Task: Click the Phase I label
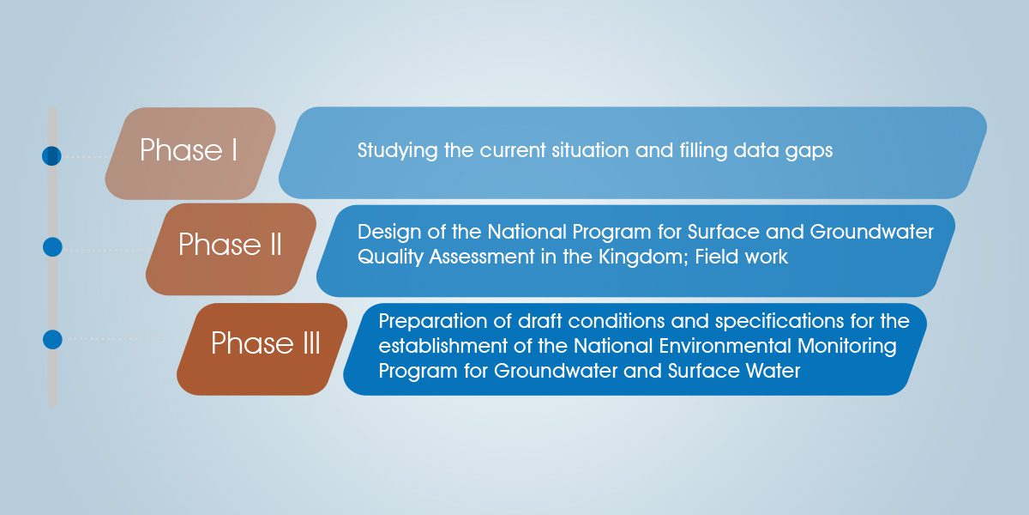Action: click(189, 150)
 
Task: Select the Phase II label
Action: click(230, 244)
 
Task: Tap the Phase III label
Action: click(266, 343)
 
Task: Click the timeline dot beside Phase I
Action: click(51, 156)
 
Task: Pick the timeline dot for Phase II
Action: click(52, 247)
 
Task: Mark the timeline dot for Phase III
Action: click(52, 339)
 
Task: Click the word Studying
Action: click(397, 151)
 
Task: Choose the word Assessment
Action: click(481, 257)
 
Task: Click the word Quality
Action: click(390, 257)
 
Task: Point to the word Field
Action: click(715, 257)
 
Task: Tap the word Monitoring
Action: click(847, 347)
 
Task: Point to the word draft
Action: click(539, 321)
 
